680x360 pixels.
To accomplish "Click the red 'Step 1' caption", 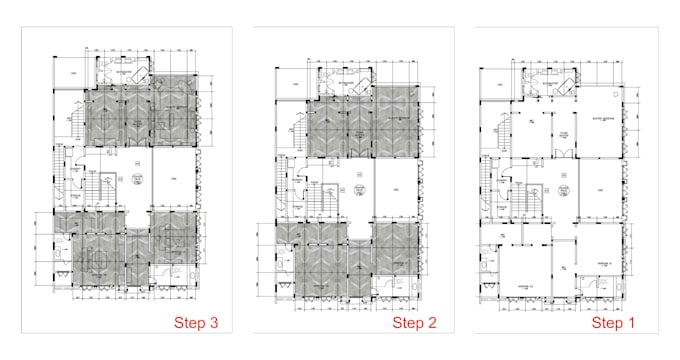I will tap(611, 323).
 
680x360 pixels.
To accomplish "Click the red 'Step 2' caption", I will tap(413, 323).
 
